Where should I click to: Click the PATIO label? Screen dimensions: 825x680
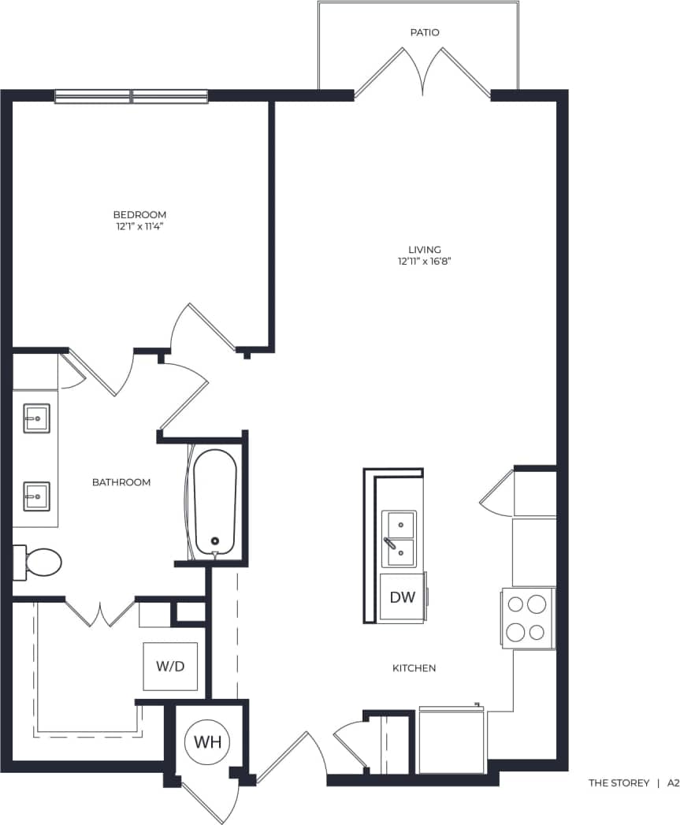pos(424,32)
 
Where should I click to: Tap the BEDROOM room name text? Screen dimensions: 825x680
pos(139,214)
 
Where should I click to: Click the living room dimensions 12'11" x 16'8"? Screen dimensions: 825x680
pos(424,261)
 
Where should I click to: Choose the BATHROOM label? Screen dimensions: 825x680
pos(121,482)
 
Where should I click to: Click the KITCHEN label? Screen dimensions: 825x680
pos(414,668)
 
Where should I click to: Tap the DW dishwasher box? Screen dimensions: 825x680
pos(402,597)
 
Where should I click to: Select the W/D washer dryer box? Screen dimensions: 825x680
pos(169,667)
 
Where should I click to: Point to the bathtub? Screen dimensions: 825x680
pos(215,502)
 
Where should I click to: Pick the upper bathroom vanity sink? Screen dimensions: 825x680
pos(36,418)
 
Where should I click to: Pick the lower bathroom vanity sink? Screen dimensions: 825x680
pos(36,496)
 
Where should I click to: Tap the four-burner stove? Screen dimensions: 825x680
pos(527,618)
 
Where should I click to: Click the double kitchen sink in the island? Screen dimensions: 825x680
pos(399,539)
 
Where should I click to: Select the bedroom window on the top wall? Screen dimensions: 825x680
pos(132,96)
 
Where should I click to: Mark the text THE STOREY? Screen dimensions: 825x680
pos(619,783)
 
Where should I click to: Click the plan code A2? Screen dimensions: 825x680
pos(673,783)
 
